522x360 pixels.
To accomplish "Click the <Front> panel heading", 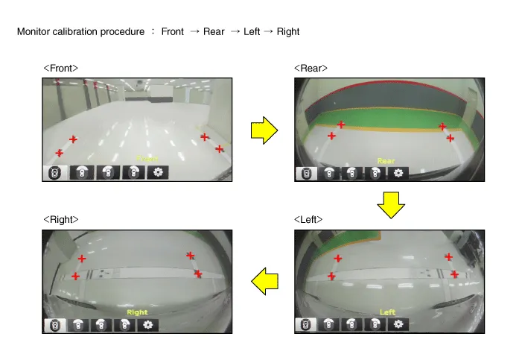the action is pos(60,69).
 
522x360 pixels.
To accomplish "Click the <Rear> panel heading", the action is pos(311,69).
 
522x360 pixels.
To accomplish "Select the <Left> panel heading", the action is pos(308,219).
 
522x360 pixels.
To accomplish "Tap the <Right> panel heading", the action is pos(61,219).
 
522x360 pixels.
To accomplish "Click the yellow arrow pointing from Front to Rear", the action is pos(264,130).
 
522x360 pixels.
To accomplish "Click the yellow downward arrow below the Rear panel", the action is pos(391,205).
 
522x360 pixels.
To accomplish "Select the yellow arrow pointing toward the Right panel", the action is pos(264,281).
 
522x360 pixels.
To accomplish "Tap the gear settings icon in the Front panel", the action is pos(158,172).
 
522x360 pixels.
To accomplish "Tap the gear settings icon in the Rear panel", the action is pos(398,173).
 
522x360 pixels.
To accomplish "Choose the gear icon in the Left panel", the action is pos(398,324).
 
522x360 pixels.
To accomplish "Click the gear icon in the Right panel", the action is pos(147,325).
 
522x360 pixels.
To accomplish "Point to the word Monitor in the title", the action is pos(34,31).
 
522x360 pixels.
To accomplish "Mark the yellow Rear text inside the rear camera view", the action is pos(386,161).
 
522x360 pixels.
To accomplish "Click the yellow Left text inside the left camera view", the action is pos(387,312).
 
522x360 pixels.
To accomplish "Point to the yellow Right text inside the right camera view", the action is pos(137,312).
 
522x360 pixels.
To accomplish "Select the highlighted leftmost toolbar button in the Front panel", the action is pos(55,173).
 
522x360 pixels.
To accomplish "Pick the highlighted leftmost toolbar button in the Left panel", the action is pos(305,324).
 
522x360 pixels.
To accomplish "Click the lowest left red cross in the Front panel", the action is pos(60,153).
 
